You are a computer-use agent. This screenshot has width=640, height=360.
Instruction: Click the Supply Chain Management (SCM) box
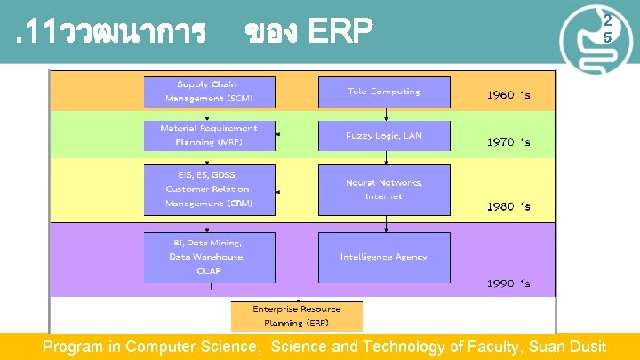pyautogui.click(x=210, y=92)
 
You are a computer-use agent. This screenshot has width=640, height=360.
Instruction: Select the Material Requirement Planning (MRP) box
pyautogui.click(x=210, y=135)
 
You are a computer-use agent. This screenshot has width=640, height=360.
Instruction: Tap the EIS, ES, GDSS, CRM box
pyautogui.click(x=210, y=189)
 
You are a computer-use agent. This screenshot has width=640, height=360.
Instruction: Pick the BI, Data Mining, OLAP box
pyautogui.click(x=210, y=257)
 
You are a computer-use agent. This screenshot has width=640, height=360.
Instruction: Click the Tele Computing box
pyautogui.click(x=384, y=92)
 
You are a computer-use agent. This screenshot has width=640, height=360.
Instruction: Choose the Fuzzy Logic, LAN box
pyautogui.click(x=384, y=135)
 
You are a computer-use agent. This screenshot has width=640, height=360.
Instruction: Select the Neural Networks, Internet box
pyautogui.click(x=384, y=189)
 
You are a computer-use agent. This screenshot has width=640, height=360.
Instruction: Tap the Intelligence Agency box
pyautogui.click(x=384, y=257)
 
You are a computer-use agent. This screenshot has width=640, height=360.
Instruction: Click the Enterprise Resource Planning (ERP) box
pyautogui.click(x=296, y=316)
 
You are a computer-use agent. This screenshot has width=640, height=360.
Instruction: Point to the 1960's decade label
pyautogui.click(x=508, y=94)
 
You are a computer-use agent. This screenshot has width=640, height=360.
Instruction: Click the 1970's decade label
pyautogui.click(x=508, y=141)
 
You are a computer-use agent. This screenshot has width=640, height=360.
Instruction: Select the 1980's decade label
pyautogui.click(x=508, y=206)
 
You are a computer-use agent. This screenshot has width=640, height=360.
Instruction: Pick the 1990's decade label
pyautogui.click(x=508, y=284)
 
